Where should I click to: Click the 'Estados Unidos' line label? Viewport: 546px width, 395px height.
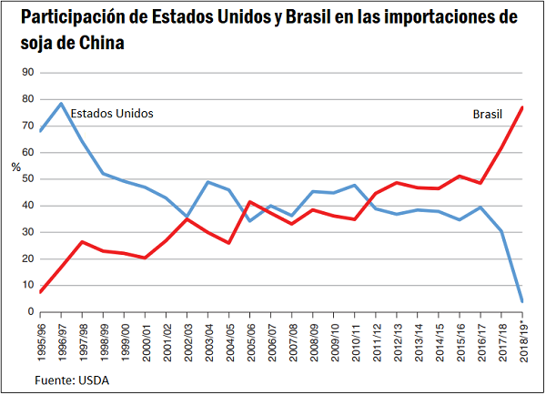(x=111, y=114)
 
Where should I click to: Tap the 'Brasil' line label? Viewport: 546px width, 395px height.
(x=488, y=115)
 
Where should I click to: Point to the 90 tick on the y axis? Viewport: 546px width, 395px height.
(x=27, y=73)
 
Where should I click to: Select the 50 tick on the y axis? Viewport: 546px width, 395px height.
(x=27, y=179)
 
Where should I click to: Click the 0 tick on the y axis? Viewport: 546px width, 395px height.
(x=30, y=312)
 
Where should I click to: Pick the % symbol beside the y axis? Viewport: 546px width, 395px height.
(x=15, y=167)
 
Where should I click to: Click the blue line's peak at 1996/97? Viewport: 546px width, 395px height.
(x=62, y=104)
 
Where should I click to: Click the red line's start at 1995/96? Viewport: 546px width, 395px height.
(x=41, y=292)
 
